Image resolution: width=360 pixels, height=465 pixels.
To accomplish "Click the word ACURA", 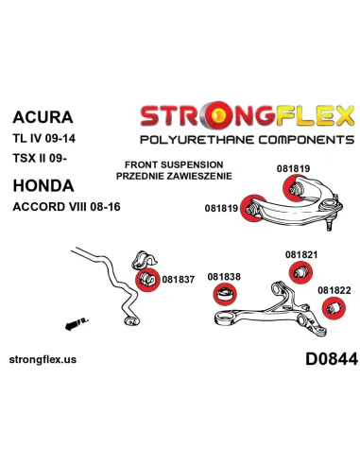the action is click(x=43, y=117).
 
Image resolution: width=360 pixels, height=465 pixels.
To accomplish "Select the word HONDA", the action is click(x=43, y=185).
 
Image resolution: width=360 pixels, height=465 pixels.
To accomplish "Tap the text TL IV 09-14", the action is click(x=44, y=138).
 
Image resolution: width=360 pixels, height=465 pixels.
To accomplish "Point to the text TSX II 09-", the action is click(x=40, y=158).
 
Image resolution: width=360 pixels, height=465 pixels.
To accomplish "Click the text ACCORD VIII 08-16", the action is click(x=66, y=207).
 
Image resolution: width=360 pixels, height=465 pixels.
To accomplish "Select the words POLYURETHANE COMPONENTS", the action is click(x=248, y=139).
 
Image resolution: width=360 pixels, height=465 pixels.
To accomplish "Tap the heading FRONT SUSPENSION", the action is click(x=174, y=164).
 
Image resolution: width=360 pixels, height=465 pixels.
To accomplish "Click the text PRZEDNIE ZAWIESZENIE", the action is click(x=174, y=176).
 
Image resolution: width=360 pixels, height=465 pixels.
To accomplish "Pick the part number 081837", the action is click(x=179, y=279).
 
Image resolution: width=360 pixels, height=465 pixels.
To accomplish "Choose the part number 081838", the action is click(x=224, y=277).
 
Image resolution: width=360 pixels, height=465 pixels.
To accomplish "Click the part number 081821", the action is click(x=301, y=254).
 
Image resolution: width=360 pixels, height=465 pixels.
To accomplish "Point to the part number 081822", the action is click(x=334, y=290).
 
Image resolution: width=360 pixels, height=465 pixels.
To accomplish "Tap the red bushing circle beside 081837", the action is click(x=147, y=280).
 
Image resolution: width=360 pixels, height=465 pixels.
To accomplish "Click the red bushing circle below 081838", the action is click(x=225, y=294).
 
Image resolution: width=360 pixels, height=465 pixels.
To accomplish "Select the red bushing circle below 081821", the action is click(x=300, y=272).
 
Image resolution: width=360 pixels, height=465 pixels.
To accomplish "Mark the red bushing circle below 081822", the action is click(x=334, y=308).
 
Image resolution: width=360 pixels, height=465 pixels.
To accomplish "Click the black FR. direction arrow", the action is click(x=77, y=324).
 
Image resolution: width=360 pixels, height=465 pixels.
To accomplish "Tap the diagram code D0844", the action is click(x=332, y=359).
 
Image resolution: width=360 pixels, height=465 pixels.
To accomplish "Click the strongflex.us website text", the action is click(x=43, y=359).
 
